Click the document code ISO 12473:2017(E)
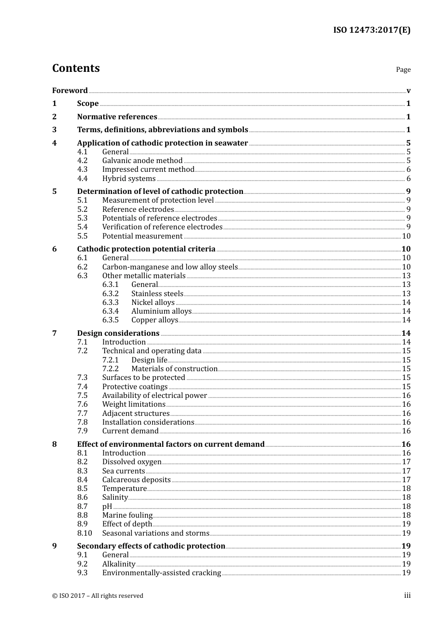tap(372, 30)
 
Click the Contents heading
tap(76, 68)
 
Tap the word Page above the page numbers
tap(403, 70)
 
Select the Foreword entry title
tap(70, 90)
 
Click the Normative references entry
tap(117, 117)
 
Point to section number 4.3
tap(82, 169)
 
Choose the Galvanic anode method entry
tap(142, 161)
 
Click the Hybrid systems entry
tap(129, 179)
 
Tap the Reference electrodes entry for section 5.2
tap(138, 210)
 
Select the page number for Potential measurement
tap(406, 236)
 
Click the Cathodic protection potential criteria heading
tap(146, 249)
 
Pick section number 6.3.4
tap(110, 311)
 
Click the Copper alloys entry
tap(154, 320)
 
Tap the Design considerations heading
tap(118, 333)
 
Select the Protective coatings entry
tap(135, 387)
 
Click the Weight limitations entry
tap(134, 404)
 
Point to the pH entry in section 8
tap(107, 507)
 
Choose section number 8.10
tap(84, 533)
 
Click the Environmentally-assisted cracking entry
tap(161, 573)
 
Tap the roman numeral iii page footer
tap(407, 596)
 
